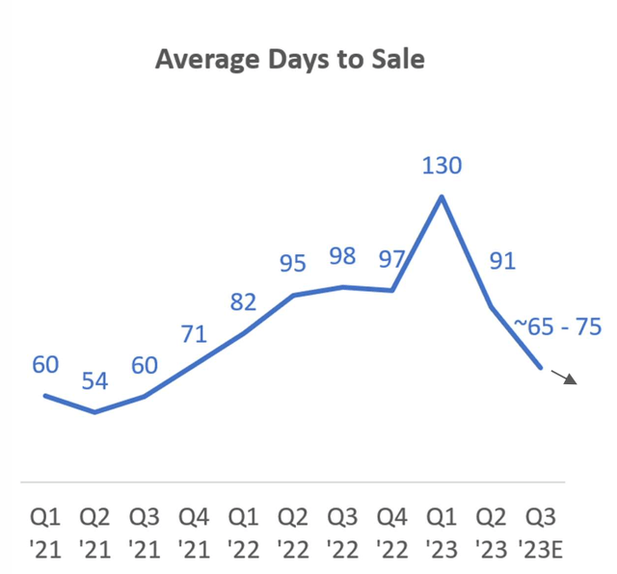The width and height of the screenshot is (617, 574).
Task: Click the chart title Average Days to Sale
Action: (x=290, y=60)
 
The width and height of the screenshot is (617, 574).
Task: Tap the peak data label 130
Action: (x=442, y=166)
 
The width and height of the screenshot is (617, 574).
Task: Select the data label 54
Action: (x=94, y=380)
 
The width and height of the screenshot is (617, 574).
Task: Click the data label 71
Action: (x=194, y=334)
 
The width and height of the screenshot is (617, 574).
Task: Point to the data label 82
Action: (x=244, y=302)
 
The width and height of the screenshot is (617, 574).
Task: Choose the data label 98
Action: (x=342, y=256)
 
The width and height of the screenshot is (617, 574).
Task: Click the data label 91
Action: (x=501, y=261)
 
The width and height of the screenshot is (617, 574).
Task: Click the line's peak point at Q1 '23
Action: (x=442, y=196)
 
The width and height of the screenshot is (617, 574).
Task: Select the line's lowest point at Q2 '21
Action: (x=94, y=412)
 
